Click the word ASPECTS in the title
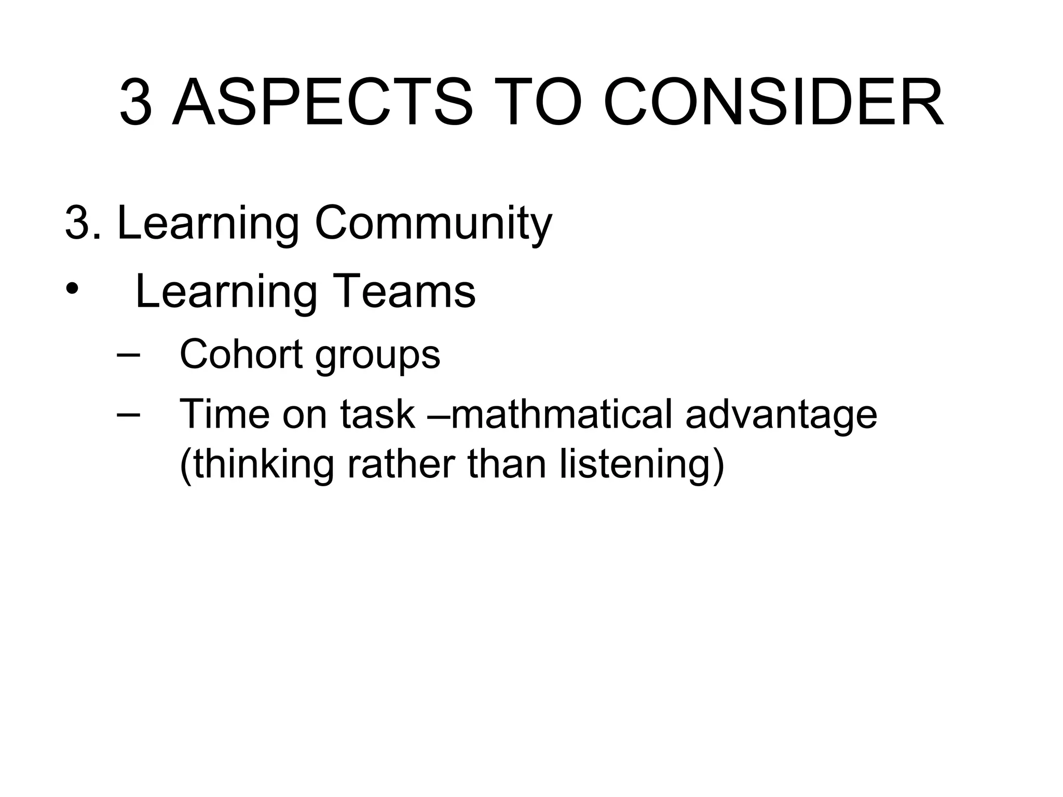(x=322, y=103)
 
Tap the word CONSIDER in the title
(x=773, y=103)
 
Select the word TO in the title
(x=537, y=103)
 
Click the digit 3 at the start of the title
(x=136, y=103)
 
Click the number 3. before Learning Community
(x=83, y=223)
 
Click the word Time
(x=224, y=414)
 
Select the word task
(x=377, y=414)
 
